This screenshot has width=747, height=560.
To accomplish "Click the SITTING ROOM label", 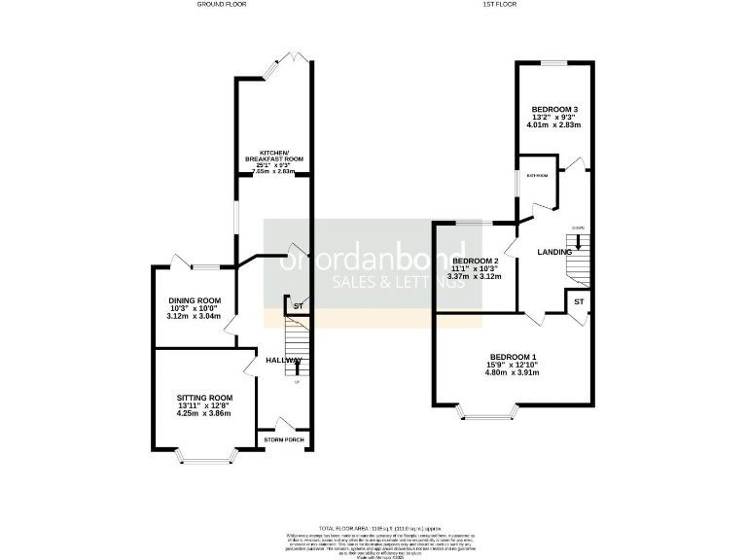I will [205, 398].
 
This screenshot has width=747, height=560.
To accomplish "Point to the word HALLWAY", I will [283, 361].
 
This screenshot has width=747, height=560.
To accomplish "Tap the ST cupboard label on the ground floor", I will [298, 307].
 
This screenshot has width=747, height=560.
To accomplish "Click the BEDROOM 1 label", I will [513, 357].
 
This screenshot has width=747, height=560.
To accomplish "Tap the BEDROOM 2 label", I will [475, 262].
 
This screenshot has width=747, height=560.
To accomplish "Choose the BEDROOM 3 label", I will [554, 109].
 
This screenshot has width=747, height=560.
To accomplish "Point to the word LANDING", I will [553, 253].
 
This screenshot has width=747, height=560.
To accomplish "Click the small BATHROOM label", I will [537, 176].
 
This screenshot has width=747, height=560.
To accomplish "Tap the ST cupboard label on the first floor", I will [578, 302].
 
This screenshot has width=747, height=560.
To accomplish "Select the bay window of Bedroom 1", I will [486, 416].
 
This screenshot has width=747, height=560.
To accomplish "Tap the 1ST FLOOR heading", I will [498, 5].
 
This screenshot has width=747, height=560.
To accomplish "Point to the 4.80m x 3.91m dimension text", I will [513, 376].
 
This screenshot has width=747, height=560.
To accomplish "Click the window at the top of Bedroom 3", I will [554, 64].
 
